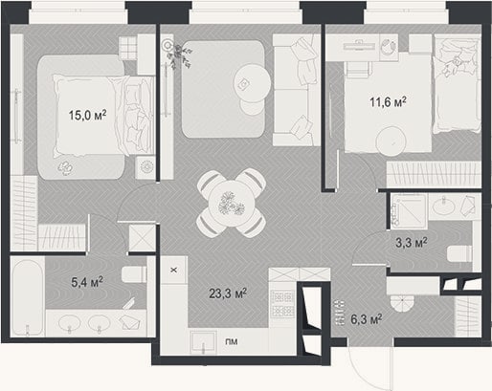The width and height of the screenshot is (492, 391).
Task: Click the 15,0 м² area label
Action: click(87, 115)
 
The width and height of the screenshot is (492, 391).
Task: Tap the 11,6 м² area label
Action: click(388, 102)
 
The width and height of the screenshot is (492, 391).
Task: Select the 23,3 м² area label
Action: click(228, 293)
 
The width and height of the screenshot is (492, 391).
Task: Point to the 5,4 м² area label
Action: click(87, 282)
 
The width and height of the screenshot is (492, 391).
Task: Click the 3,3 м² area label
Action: click(412, 243)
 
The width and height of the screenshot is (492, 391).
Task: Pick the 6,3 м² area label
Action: click(367, 319)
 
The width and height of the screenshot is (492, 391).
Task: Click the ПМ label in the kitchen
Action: click(232, 341)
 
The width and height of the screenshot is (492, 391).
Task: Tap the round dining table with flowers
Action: click(231, 204)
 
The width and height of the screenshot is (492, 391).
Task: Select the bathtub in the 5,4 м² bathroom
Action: click(27, 297)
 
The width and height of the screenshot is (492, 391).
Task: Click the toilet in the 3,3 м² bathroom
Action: click(459, 254)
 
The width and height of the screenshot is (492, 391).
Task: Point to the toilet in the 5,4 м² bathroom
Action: click(134, 274)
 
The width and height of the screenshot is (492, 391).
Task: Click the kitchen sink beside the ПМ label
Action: click(203, 341)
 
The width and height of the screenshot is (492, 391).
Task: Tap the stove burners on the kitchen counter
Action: click(282, 304)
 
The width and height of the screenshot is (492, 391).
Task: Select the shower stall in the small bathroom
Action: click(409, 210)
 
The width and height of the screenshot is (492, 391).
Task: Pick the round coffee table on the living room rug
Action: click(253, 82)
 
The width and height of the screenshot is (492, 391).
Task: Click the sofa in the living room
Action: click(297, 90)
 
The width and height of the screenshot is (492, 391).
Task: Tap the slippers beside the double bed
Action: click(65, 167)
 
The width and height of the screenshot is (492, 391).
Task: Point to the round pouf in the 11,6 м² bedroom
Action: click(391, 141)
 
